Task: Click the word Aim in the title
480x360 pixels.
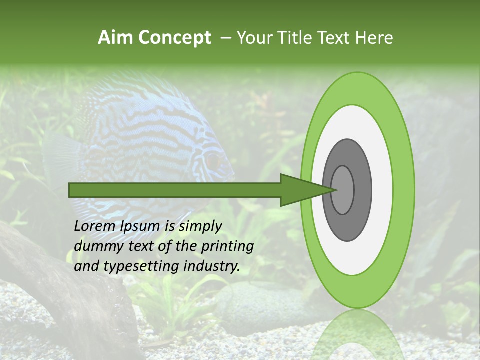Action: (x=115, y=38)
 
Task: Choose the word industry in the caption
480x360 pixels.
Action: (x=212, y=266)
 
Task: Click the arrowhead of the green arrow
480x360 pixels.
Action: (x=305, y=190)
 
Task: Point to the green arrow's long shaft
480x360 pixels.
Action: (x=175, y=190)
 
